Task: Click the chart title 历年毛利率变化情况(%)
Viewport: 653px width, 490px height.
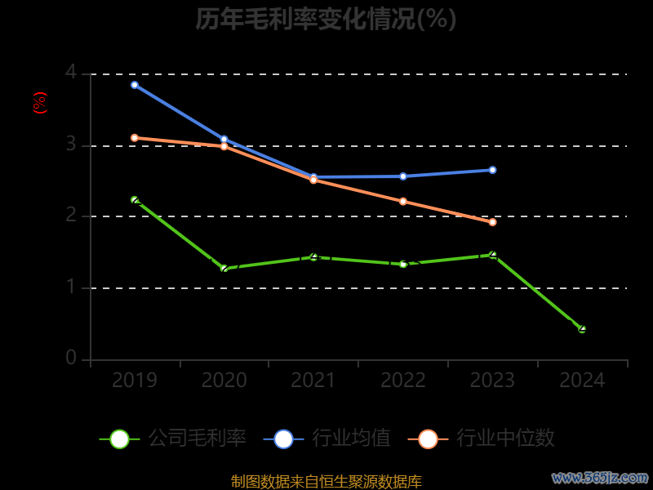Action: [x=326, y=19]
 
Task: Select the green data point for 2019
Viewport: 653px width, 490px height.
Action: [x=135, y=200]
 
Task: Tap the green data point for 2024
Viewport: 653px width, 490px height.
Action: [x=582, y=329]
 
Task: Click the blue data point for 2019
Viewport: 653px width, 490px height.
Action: [x=135, y=85]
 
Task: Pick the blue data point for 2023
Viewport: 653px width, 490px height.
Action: [x=492, y=170]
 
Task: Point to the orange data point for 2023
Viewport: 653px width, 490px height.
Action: [x=492, y=222]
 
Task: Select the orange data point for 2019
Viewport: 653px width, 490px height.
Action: [x=135, y=138]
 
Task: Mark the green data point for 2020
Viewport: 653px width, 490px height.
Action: [x=224, y=269]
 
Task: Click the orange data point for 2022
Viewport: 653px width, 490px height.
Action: [x=403, y=201]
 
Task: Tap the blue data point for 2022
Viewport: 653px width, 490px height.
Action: [x=403, y=176]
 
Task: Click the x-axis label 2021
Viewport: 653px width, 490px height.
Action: [x=313, y=381]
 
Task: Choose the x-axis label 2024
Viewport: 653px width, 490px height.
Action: [x=582, y=381]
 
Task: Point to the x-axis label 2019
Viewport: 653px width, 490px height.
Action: [x=135, y=381]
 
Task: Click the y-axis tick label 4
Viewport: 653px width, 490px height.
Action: [x=71, y=73]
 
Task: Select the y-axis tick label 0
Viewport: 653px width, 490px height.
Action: [x=71, y=359]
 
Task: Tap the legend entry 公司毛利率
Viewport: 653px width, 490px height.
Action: [x=173, y=439]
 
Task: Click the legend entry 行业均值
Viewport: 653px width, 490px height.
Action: [x=327, y=439]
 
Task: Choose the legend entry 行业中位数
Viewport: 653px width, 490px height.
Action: [x=486, y=439]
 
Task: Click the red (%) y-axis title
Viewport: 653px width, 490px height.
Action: [x=40, y=103]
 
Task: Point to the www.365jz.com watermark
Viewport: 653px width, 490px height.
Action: [x=600, y=477]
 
